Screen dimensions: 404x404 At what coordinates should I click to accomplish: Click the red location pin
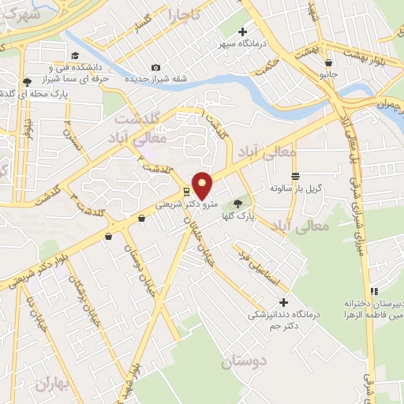pyautogui.click(x=203, y=185)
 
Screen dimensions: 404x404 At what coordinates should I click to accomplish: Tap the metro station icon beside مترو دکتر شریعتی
pyautogui.click(x=185, y=191)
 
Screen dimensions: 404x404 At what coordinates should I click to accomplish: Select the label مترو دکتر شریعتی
pyautogui.click(x=168, y=204)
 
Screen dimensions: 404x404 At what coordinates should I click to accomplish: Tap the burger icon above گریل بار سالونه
pyautogui.click(x=295, y=176)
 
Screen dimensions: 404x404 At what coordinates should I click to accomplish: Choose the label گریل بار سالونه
pyautogui.click(x=293, y=189)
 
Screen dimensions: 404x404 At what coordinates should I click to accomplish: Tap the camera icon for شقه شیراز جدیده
pyautogui.click(x=155, y=68)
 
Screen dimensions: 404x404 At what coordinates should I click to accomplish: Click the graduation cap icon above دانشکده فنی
pyautogui.click(x=75, y=55)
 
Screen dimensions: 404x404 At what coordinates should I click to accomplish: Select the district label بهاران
pyautogui.click(x=53, y=383)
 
